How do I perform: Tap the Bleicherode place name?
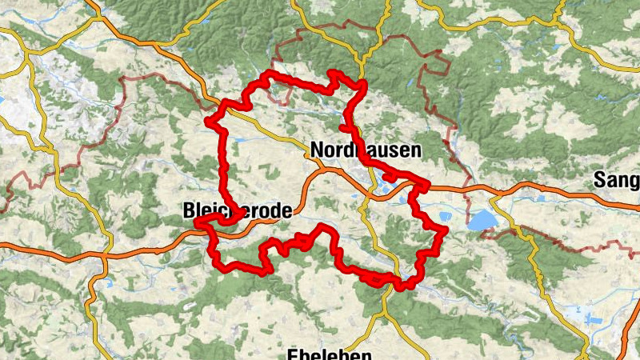click(232, 211)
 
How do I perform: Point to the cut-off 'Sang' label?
click(616, 181)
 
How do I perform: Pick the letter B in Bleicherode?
click(190, 211)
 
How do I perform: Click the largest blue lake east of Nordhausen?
click(482, 220)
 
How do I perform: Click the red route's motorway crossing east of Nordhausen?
click(422, 187)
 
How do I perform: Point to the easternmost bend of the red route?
click(445, 230)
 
